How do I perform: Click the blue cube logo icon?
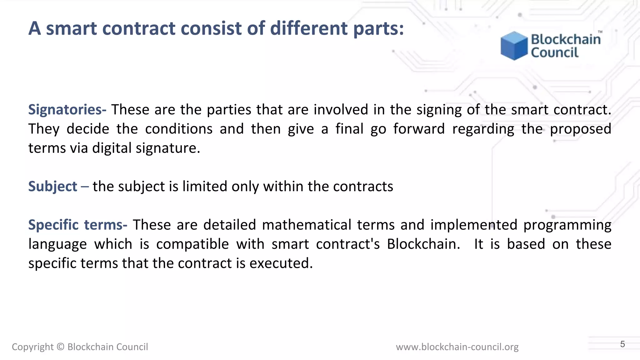pyautogui.click(x=514, y=46)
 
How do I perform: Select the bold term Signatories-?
pyautogui.click(x=67, y=110)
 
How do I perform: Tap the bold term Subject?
pyautogui.click(x=52, y=187)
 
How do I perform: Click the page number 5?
pyautogui.click(x=622, y=344)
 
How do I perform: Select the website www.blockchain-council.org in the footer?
pyautogui.click(x=457, y=347)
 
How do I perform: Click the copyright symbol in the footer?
pyautogui.click(x=61, y=347)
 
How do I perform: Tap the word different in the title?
pyautogui.click(x=309, y=28)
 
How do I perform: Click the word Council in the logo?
pyautogui.click(x=555, y=52)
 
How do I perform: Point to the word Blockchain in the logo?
pyautogui.click(x=566, y=39)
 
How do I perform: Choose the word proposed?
pyautogui.click(x=580, y=129)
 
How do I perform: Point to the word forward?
pyautogui.click(x=419, y=129)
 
